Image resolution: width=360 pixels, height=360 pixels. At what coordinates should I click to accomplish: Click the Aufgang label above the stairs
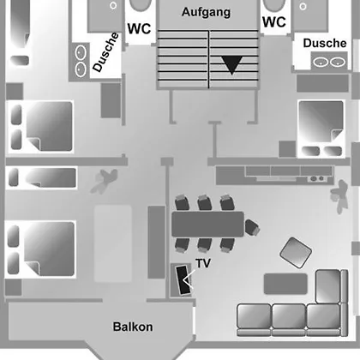click(x=206, y=12)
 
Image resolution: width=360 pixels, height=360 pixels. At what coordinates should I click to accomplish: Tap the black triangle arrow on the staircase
click(x=232, y=64)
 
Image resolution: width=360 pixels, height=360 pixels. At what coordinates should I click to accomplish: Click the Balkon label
click(x=133, y=327)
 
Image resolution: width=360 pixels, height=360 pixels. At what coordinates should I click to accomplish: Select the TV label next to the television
click(x=203, y=263)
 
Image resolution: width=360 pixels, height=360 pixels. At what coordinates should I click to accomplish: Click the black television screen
click(x=183, y=280)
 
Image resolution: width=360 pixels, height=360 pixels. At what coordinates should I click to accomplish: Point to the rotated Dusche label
click(x=105, y=52)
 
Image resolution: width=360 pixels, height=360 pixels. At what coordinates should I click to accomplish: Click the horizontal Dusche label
click(x=325, y=43)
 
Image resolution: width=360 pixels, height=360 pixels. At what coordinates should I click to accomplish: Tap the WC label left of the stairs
click(x=139, y=28)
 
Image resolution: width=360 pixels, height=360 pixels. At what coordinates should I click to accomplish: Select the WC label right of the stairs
click(x=274, y=22)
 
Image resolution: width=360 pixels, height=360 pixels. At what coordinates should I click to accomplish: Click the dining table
click(x=208, y=225)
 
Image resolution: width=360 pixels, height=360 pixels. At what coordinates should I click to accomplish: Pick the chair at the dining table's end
click(x=252, y=227)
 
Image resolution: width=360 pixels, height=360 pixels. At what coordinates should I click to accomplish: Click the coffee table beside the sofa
click(x=285, y=284)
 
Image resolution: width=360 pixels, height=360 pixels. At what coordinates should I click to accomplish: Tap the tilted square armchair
click(x=296, y=253)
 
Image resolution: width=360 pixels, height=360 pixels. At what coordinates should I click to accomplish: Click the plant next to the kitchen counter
click(x=339, y=196)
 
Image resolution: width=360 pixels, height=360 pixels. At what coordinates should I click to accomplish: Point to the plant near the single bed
click(x=105, y=181)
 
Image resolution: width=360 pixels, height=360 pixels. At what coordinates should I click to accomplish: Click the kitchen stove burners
click(x=317, y=179)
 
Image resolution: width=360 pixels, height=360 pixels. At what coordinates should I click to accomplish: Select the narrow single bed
click(x=42, y=177)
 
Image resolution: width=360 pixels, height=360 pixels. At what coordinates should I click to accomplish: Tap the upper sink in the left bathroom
click(x=81, y=52)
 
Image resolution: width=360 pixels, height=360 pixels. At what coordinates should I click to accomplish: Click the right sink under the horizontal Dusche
click(x=338, y=62)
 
